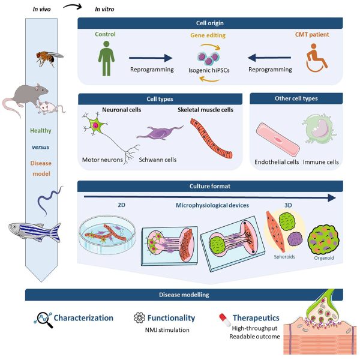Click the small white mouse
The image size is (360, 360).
(x=47, y=107)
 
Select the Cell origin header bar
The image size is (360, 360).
(x=209, y=23)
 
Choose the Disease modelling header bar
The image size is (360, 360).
(x=184, y=295)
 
